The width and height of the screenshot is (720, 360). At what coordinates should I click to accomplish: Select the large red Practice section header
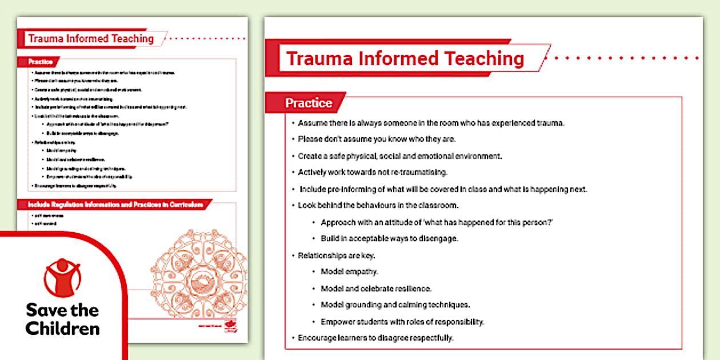(x=309, y=103)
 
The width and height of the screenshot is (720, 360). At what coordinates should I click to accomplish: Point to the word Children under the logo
(x=63, y=329)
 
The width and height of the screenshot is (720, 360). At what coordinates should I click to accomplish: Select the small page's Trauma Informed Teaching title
(x=91, y=39)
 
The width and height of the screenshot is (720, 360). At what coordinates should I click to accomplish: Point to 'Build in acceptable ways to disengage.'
(x=390, y=238)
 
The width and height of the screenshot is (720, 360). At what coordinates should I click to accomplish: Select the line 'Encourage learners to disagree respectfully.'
(x=375, y=338)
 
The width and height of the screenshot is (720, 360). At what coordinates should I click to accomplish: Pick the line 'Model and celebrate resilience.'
(x=376, y=288)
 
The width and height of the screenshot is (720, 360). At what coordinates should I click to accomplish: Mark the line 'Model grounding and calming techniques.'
(x=395, y=305)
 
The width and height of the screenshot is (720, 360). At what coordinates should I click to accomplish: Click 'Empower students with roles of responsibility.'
(x=402, y=321)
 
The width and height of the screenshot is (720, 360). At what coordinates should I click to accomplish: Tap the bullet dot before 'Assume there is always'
(x=293, y=123)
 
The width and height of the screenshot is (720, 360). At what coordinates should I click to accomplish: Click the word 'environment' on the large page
(x=477, y=155)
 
